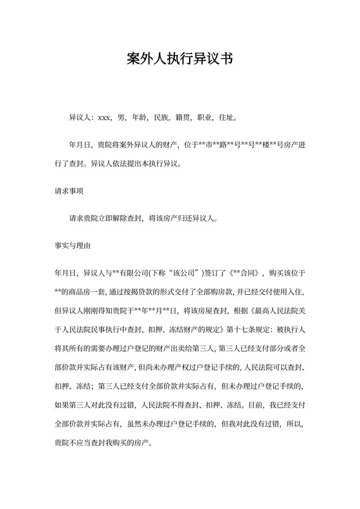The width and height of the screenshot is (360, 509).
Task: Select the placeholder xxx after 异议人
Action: tap(105, 118)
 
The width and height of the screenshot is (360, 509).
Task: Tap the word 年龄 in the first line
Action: tap(139, 118)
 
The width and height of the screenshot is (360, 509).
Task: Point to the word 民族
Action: tap(161, 118)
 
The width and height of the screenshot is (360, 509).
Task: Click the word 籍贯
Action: tap(183, 118)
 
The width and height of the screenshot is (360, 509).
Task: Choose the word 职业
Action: tap(206, 118)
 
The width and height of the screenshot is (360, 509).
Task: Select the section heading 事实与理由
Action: tap(73, 246)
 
